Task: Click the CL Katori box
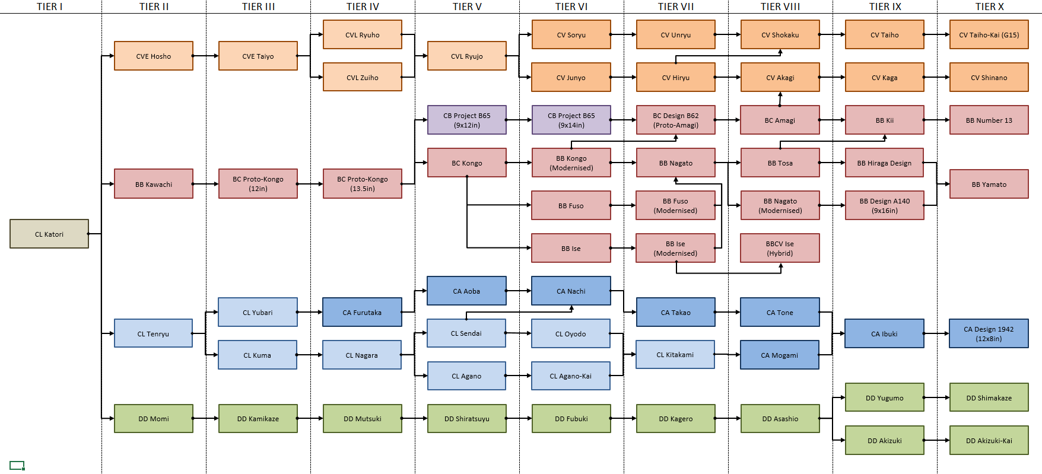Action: (x=49, y=234)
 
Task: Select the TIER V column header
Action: (x=467, y=7)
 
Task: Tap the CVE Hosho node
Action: (x=154, y=56)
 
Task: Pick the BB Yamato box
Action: (x=989, y=184)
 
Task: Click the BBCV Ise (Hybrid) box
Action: (x=780, y=248)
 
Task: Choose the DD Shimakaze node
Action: (x=989, y=397)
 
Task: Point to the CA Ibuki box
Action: (x=884, y=333)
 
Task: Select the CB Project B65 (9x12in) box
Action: (x=467, y=120)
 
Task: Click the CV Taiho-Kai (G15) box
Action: (x=989, y=34)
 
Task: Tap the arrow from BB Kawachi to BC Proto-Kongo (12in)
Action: (x=206, y=184)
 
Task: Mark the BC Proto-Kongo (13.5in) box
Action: (x=363, y=183)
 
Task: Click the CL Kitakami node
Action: (x=675, y=355)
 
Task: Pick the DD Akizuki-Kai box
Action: (x=989, y=440)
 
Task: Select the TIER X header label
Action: (x=989, y=7)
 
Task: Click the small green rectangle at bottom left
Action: (x=17, y=465)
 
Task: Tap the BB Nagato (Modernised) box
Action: (x=780, y=205)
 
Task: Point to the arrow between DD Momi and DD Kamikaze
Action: (x=206, y=418)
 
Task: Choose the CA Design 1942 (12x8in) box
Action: (x=989, y=333)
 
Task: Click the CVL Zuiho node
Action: (x=363, y=77)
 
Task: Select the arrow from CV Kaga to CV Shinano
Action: (x=936, y=77)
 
